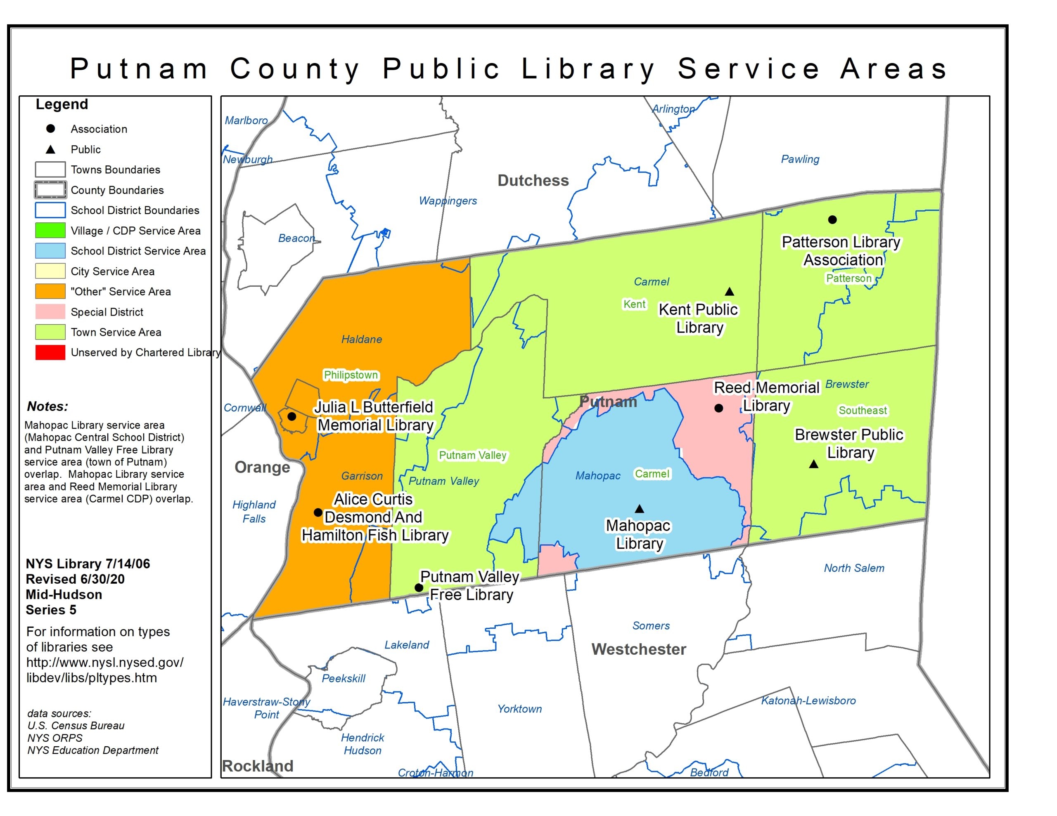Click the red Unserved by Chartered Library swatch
coord(50,353)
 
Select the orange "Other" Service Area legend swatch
coord(50,292)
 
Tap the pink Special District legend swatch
coord(50,312)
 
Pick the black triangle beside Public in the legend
coord(50,149)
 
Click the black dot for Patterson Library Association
coord(832,219)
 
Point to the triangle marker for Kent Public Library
coord(729,292)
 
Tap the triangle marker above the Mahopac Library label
coord(639,509)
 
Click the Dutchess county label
coord(533,180)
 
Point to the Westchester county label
coord(638,649)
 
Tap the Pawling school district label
coord(800,159)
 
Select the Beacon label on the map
coord(296,238)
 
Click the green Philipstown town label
coord(351,375)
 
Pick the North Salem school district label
coord(854,568)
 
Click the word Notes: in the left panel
coord(47,406)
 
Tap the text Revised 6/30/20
coord(75,579)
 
